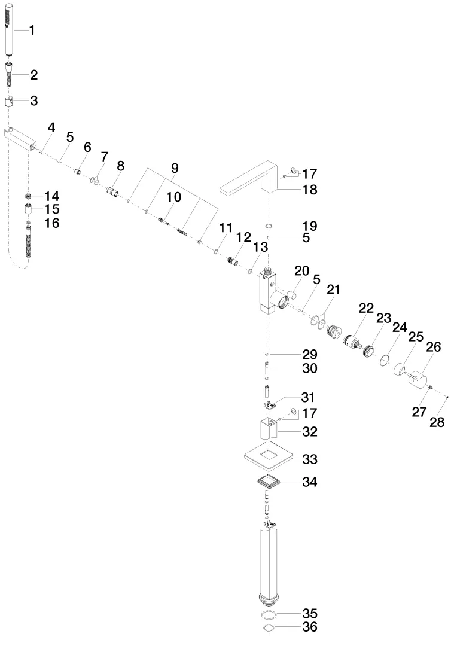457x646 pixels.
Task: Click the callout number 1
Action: click(32, 30)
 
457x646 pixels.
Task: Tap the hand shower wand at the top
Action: click(10, 30)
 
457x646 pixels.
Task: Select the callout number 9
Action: click(175, 168)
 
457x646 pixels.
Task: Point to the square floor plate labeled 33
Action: click(269, 456)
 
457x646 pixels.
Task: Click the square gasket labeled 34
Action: click(269, 482)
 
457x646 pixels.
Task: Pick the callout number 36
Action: click(310, 627)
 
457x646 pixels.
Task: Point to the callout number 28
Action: click(437, 422)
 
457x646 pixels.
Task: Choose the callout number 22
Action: click(366, 308)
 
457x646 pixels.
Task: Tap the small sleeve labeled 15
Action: click(29, 210)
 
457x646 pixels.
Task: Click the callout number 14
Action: click(52, 196)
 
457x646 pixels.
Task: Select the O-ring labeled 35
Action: click(269, 615)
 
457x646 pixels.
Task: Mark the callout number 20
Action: click(302, 271)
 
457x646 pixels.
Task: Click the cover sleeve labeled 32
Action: click(269, 429)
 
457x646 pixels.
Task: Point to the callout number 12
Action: click(243, 237)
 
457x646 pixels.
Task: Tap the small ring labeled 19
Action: click(268, 226)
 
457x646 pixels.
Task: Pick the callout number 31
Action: click(308, 397)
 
